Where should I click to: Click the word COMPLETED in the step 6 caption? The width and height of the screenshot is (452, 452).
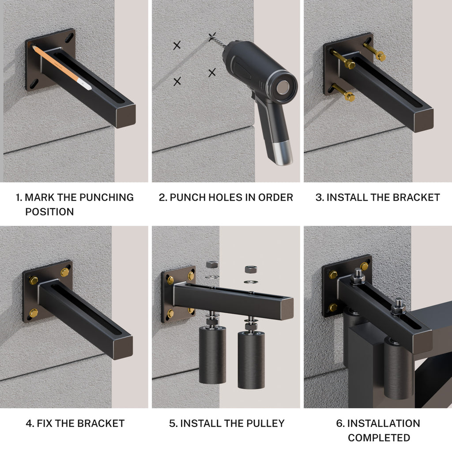[x=379, y=438]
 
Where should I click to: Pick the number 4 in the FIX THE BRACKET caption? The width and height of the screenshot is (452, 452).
[x=29, y=424]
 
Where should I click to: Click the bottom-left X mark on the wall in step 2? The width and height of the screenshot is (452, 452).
[x=177, y=81]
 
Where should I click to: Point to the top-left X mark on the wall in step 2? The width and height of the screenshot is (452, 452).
[x=177, y=45]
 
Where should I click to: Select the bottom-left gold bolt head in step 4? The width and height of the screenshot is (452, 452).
[x=34, y=313]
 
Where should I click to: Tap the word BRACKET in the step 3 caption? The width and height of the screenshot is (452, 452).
[x=418, y=197]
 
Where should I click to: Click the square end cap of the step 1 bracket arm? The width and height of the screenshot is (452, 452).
[x=124, y=116]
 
